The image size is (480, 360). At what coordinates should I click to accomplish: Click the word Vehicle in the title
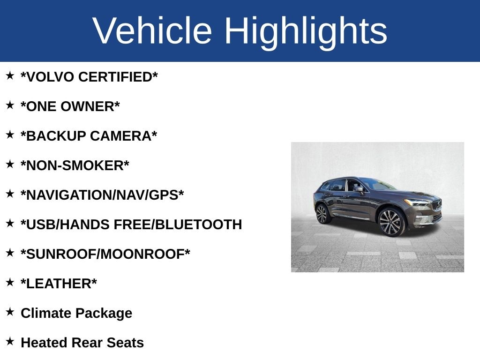pyautogui.click(x=152, y=31)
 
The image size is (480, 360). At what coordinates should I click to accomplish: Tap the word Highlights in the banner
pyautogui.click(x=306, y=31)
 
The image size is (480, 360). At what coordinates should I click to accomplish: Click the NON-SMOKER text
pyautogui.click(x=75, y=165)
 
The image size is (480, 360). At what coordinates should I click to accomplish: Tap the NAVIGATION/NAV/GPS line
pyautogui.click(x=102, y=195)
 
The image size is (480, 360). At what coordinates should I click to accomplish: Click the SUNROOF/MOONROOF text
pyautogui.click(x=105, y=254)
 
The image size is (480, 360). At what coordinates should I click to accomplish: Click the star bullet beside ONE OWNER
pyautogui.click(x=10, y=105)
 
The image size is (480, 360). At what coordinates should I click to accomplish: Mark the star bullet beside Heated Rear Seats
pyautogui.click(x=10, y=341)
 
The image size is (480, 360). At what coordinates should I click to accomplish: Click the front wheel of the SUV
pyautogui.click(x=391, y=222)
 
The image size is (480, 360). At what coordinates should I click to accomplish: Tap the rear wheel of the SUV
pyautogui.click(x=322, y=214)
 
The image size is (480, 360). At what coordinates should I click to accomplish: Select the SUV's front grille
pyautogui.click(x=436, y=205)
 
